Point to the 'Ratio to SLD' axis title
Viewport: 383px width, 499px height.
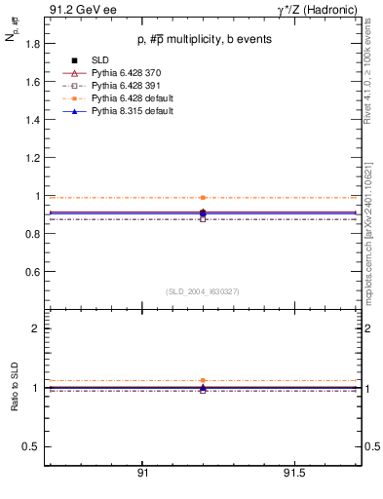[15, 388]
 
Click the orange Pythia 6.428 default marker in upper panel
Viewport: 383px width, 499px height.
[203, 197]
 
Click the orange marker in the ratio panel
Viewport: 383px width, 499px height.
[203, 380]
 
